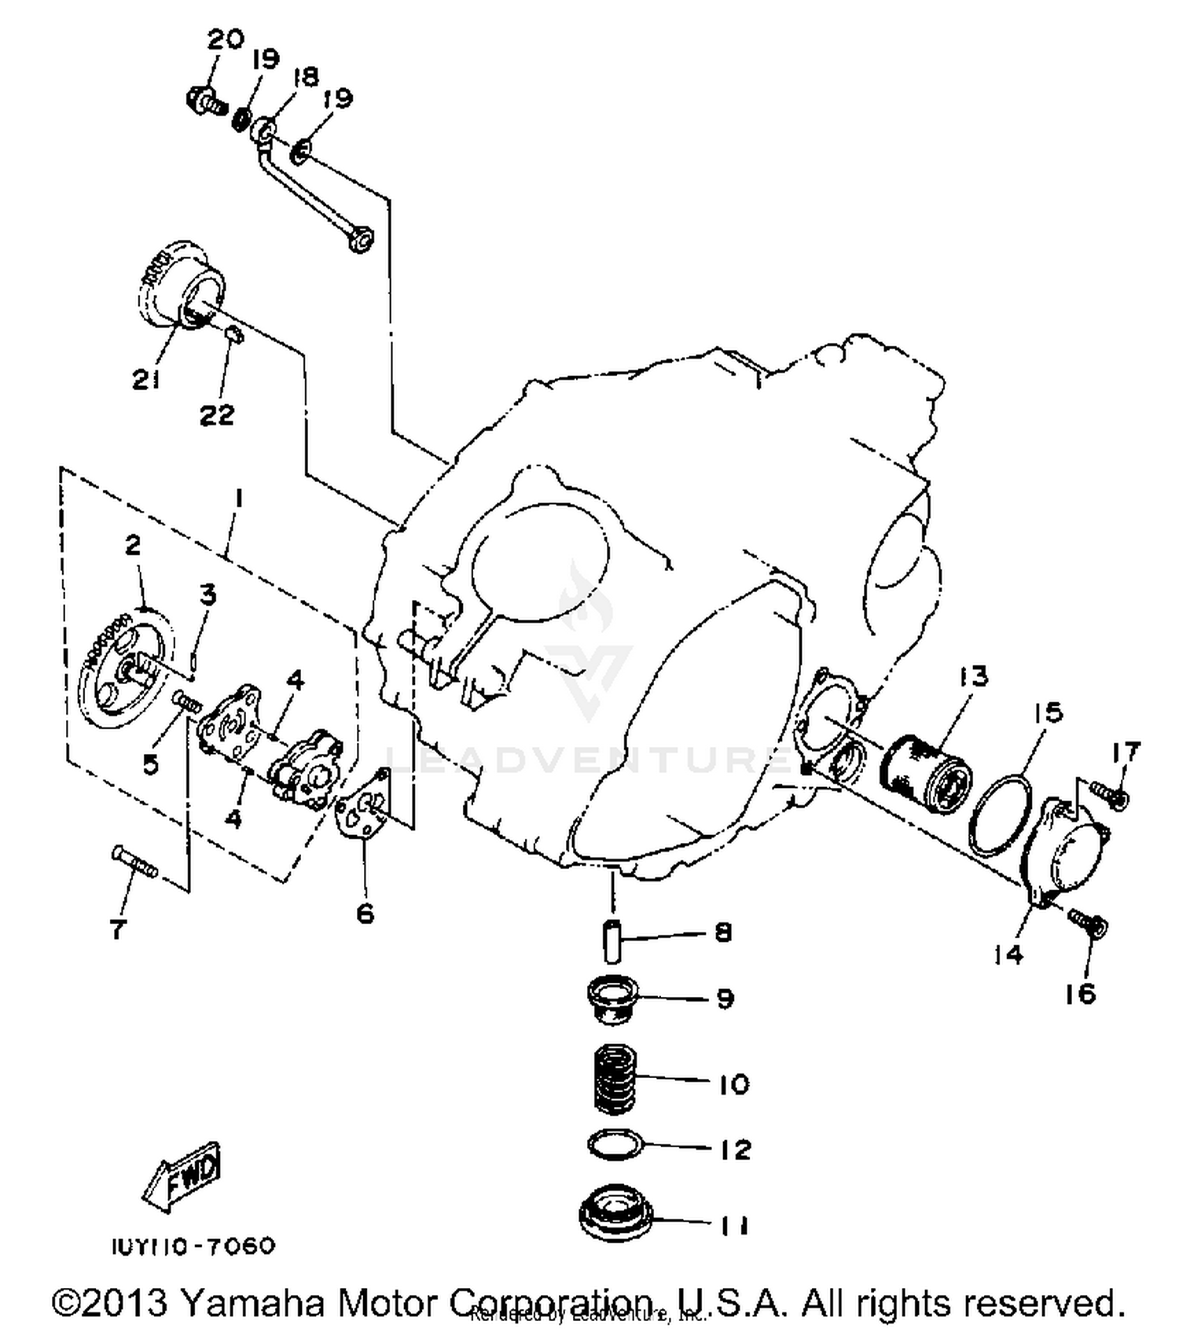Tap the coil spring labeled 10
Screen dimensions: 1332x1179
(614, 1079)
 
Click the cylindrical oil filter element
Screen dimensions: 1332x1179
(926, 773)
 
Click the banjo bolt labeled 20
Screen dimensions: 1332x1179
(205, 100)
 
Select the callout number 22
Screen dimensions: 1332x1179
(216, 414)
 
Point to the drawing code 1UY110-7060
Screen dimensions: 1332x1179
(193, 1246)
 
